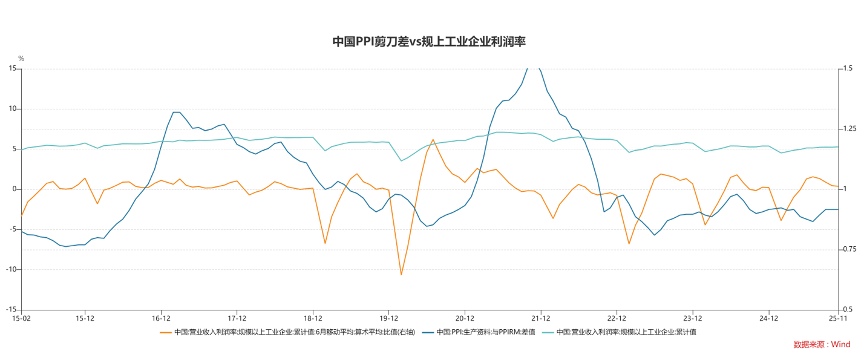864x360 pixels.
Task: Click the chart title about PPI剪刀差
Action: tap(429, 42)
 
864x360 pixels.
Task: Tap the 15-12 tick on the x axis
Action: tap(85, 318)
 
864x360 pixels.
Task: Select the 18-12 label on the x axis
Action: tap(313, 318)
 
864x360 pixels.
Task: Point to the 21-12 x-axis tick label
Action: tap(540, 318)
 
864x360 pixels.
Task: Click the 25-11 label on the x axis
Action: tap(837, 318)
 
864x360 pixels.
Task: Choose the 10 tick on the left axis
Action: tap(11, 109)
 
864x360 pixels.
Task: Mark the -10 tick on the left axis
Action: tap(10, 269)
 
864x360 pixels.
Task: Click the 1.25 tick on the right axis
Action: tap(849, 129)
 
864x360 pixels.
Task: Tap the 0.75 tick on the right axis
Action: tap(849, 249)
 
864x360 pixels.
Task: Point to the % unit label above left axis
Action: tap(21, 59)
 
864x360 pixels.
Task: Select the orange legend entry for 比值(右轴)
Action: tap(287, 332)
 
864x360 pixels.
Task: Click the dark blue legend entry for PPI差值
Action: tap(478, 332)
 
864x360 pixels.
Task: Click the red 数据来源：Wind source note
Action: tap(822, 344)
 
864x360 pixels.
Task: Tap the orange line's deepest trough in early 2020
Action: tap(401, 275)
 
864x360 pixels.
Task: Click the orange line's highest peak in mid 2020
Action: tap(433, 140)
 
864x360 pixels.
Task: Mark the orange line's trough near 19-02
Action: tap(325, 243)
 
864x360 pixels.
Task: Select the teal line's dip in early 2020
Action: tap(401, 160)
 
